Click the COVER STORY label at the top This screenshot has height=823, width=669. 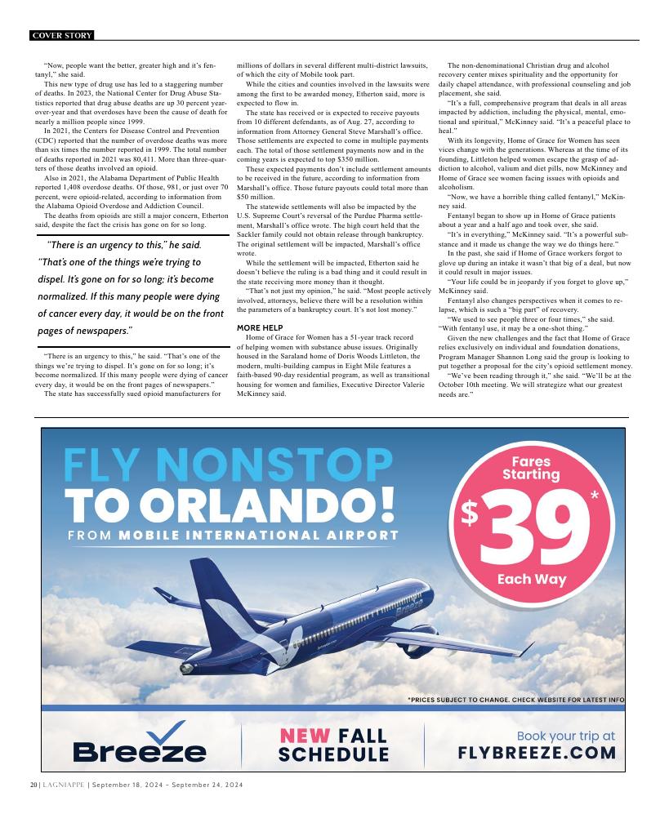pos(61,35)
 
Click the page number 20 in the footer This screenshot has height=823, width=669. pos(33,785)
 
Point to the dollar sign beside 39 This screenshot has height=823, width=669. pos(471,513)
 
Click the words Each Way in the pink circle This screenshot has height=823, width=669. pos(531,580)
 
